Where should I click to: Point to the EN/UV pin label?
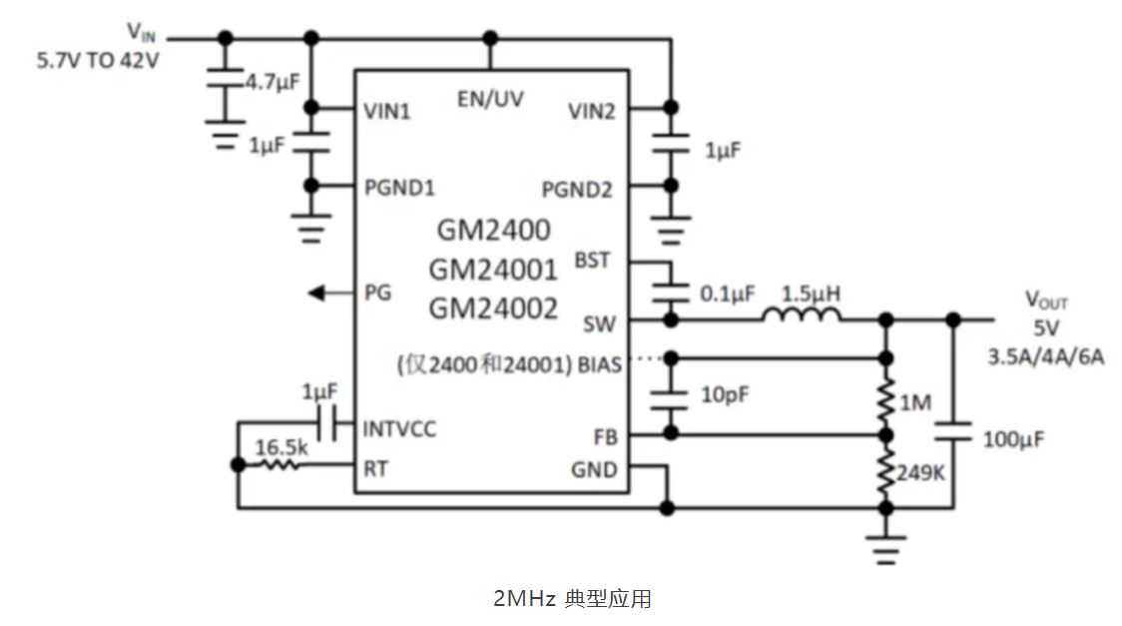(x=490, y=98)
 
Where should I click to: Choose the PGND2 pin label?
(x=577, y=189)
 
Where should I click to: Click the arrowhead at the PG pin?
(x=316, y=293)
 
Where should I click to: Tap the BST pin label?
(x=592, y=261)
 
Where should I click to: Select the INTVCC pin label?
(x=400, y=430)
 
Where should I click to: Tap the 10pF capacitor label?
(x=724, y=394)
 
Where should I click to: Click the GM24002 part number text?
(x=493, y=310)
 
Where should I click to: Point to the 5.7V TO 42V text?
(x=98, y=59)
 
